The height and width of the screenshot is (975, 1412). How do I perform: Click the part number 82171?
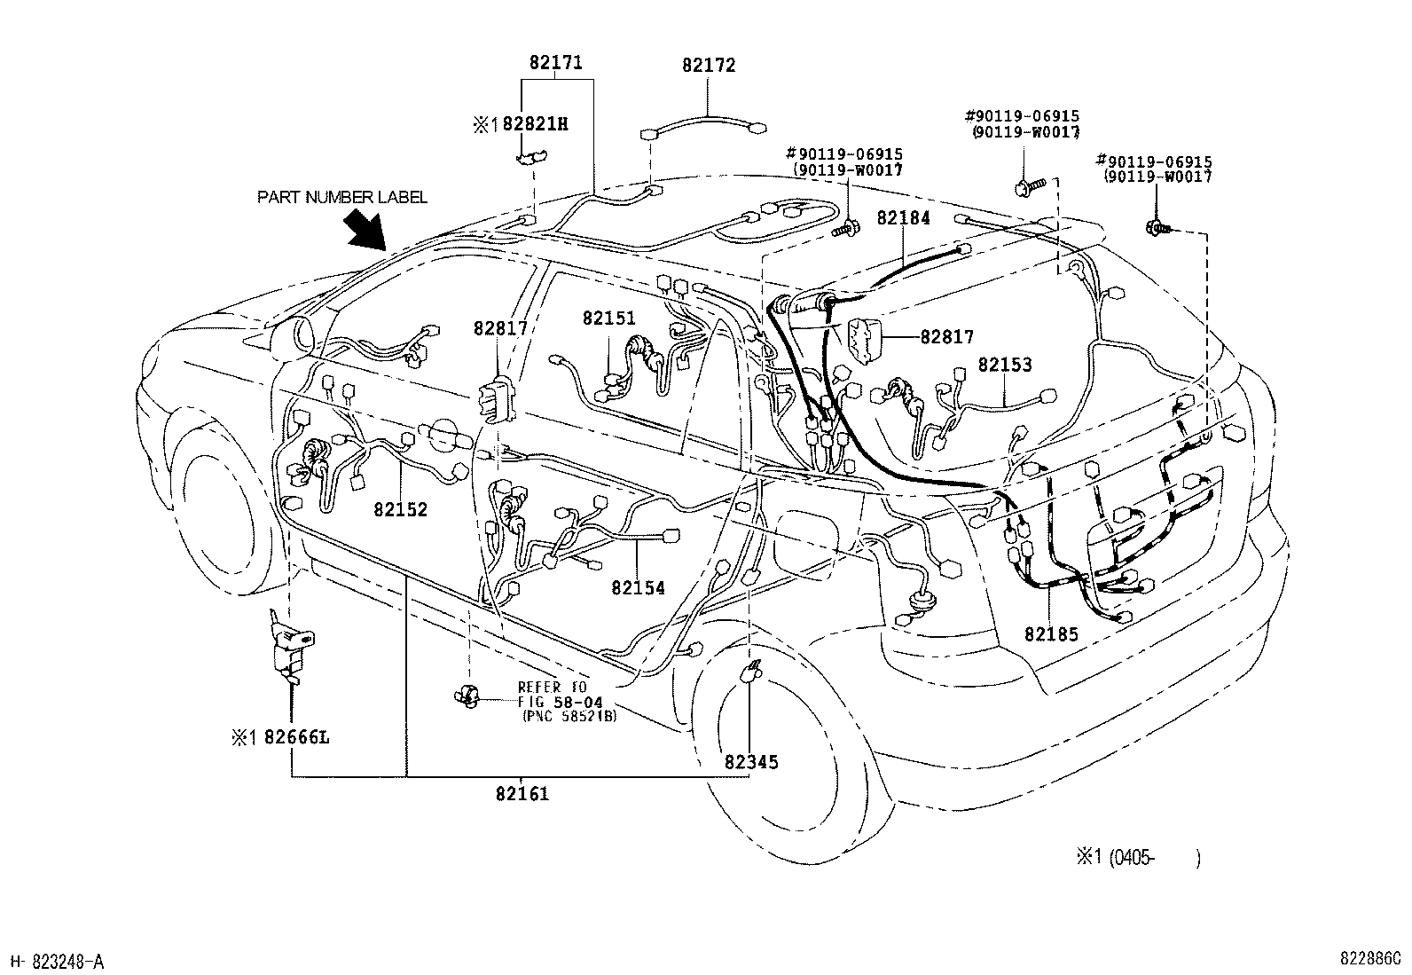pyautogui.click(x=556, y=64)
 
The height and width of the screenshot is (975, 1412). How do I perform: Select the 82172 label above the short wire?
pyautogui.click(x=709, y=66)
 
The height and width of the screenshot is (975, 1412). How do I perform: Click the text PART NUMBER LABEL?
pyautogui.click(x=342, y=197)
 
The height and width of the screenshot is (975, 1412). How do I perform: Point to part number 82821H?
pyautogui.click(x=535, y=124)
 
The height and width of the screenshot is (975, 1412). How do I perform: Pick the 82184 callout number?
pyautogui.click(x=904, y=218)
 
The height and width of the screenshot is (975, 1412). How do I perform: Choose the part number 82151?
pyautogui.click(x=609, y=318)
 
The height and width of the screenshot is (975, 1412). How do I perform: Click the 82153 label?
pyautogui.click(x=1005, y=365)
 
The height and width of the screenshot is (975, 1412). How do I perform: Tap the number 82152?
pyautogui.click(x=400, y=510)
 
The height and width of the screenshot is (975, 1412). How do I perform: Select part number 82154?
pyautogui.click(x=638, y=588)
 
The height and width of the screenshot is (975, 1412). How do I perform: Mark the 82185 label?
pyautogui.click(x=1051, y=634)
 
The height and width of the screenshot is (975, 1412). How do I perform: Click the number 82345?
pyautogui.click(x=751, y=762)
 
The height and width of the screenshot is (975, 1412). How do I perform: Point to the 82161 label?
pyautogui.click(x=522, y=794)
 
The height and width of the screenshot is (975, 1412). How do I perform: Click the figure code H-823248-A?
pyautogui.click(x=58, y=962)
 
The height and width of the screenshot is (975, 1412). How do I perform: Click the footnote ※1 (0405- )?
pyautogui.click(x=1139, y=857)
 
